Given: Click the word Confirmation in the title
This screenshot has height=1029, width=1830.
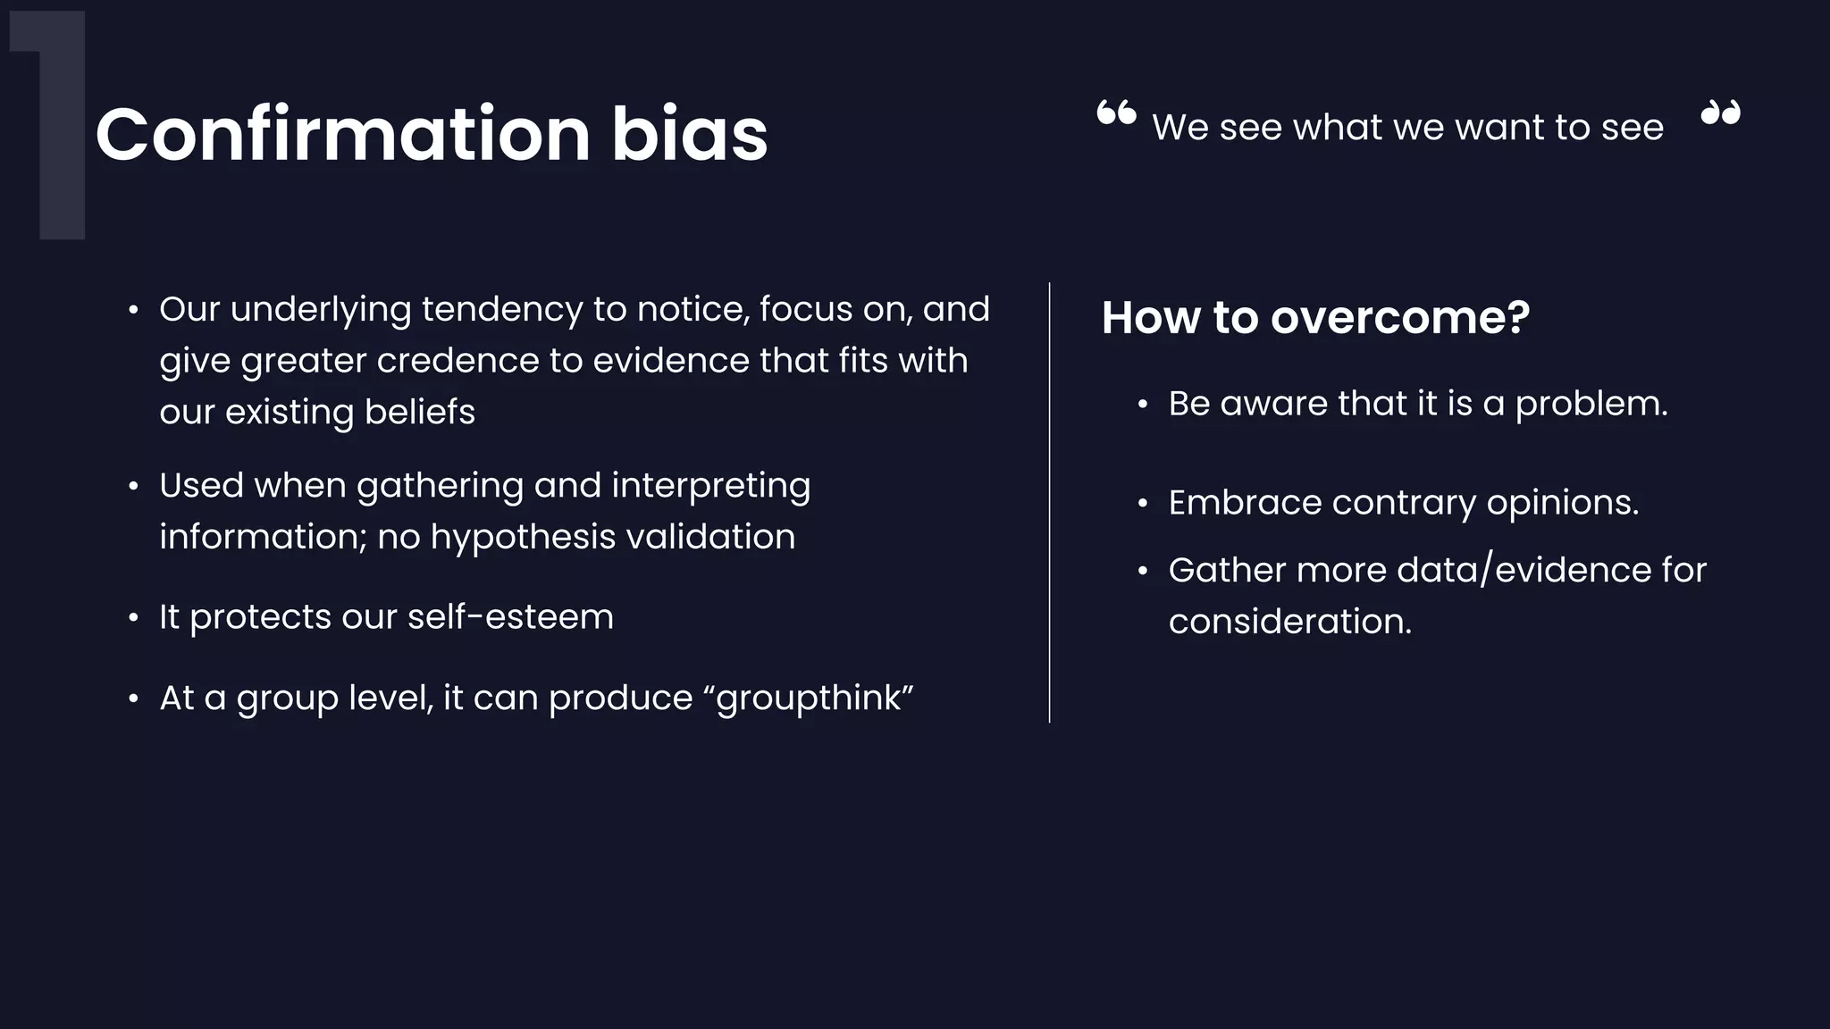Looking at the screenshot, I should click(343, 134).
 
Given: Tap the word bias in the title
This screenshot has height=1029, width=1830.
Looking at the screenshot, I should click(689, 134).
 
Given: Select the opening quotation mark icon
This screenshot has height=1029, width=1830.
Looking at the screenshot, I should click(1116, 113).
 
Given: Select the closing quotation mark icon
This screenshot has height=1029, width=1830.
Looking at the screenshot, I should click(1720, 113).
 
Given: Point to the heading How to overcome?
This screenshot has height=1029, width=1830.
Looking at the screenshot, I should click(1315, 317).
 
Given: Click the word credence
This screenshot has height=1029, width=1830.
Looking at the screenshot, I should click(457, 361).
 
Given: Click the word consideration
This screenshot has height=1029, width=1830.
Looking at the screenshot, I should click(1289, 622).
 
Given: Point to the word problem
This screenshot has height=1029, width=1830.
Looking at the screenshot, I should click(1591, 404).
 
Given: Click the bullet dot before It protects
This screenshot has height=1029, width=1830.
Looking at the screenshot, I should click(133, 618).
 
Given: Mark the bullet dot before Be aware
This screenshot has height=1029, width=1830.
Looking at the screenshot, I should click(1142, 405).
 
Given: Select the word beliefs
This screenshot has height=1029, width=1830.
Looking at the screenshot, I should click(419, 412).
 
